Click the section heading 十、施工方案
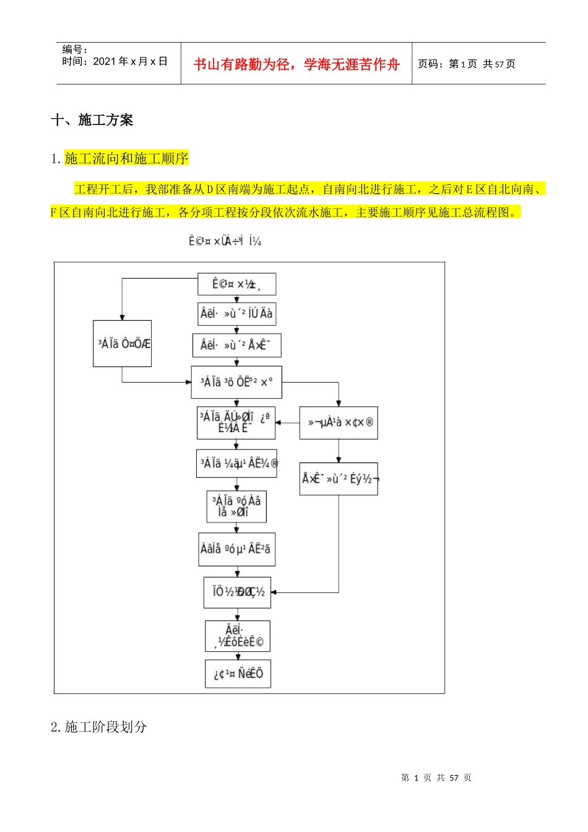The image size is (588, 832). [92, 120]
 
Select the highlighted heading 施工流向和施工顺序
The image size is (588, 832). [126, 158]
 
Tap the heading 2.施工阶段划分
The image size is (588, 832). [99, 727]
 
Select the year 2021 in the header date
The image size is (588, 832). [105, 61]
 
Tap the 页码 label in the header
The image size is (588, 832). [430, 64]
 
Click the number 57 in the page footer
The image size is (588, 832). [454, 778]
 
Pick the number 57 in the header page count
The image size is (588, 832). [499, 64]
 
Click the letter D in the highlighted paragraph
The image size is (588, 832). [210, 189]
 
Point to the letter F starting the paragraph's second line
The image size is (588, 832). [54, 212]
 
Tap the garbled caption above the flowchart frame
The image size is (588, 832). [225, 241]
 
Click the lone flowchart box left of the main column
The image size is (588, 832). [123, 344]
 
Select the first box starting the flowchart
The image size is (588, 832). [236, 284]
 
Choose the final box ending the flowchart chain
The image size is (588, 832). [238, 674]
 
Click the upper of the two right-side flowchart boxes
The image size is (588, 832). [339, 423]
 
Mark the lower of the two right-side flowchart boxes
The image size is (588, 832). [339, 479]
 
